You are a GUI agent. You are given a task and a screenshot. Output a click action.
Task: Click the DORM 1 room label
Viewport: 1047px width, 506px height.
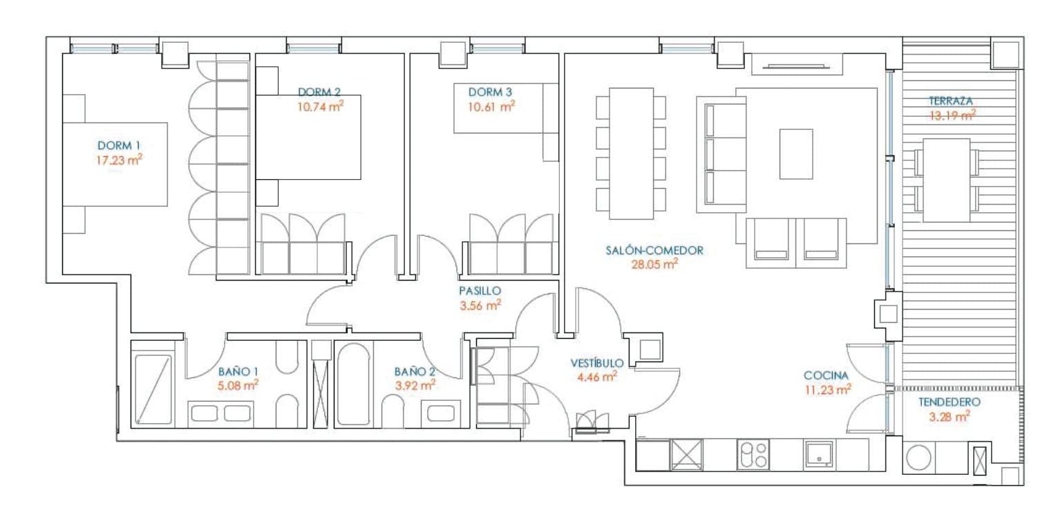(119, 145)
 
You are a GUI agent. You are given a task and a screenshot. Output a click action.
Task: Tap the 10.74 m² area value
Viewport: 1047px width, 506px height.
(321, 106)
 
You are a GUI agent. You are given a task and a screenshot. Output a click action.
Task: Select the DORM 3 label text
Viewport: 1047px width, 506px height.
(490, 92)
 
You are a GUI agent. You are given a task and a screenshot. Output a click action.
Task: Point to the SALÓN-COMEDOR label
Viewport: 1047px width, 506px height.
(654, 250)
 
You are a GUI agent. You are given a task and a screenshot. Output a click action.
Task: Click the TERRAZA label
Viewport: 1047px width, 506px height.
(951, 100)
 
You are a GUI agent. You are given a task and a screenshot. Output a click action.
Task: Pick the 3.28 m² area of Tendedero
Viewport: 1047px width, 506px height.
(950, 416)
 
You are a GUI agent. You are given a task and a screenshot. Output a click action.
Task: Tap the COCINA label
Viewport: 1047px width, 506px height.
(826, 375)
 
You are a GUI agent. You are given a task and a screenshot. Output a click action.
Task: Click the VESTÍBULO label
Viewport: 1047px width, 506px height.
(597, 363)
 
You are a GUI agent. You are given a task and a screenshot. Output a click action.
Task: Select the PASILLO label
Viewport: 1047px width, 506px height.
(480, 291)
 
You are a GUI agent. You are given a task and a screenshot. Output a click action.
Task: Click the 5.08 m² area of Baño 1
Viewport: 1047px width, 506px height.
(238, 386)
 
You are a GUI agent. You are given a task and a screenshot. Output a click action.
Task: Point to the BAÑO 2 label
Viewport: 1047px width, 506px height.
(415, 372)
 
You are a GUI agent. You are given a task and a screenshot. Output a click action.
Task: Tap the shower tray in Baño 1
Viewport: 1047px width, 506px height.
(153, 390)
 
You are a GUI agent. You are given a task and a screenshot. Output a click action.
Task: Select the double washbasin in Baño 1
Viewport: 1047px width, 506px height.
(221, 413)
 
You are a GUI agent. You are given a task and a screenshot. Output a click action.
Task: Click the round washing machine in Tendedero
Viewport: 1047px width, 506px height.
(918, 457)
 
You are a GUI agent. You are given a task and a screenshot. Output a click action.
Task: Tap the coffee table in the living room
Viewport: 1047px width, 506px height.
(796, 154)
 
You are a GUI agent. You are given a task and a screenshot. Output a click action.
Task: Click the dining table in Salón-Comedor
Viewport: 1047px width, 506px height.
(631, 153)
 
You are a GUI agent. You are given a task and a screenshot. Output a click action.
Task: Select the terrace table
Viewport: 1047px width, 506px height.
(947, 180)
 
